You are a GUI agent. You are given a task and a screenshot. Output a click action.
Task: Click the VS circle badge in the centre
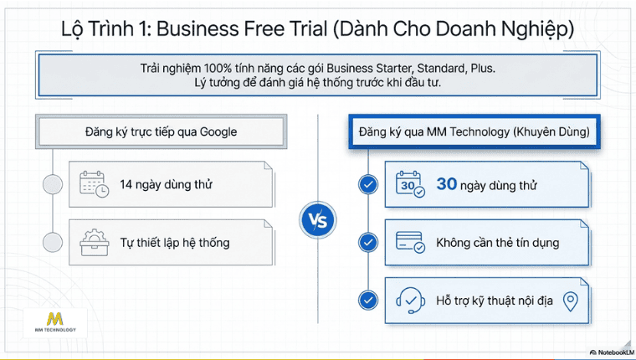tap(318, 221)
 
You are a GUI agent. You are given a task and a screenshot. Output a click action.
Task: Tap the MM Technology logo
tap(54, 322)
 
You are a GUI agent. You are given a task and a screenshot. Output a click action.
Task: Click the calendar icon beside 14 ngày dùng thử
tap(93, 184)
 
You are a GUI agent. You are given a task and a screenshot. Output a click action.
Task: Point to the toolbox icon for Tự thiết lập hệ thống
tap(93, 243)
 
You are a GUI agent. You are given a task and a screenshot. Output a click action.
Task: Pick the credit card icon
tap(408, 243)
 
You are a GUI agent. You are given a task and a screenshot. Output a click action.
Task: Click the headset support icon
tap(408, 300)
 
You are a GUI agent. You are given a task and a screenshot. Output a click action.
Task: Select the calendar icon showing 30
tap(408, 185)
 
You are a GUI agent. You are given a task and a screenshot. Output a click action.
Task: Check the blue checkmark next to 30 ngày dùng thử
tap(367, 185)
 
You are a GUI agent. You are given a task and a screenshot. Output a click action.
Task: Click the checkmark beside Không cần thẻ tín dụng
tap(367, 243)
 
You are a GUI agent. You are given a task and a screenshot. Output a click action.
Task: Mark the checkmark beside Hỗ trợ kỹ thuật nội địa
tap(367, 300)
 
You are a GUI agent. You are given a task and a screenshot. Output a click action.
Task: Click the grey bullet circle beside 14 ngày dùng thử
tap(53, 184)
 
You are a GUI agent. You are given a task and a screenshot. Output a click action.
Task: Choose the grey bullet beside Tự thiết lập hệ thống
tap(53, 243)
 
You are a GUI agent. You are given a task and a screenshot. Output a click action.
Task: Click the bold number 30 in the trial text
tap(447, 184)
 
